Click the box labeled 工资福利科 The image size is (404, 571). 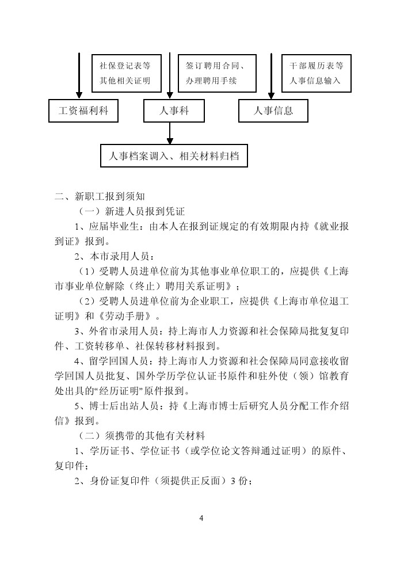pyautogui.click(x=83, y=111)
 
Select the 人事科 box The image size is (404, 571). pyautogui.click(x=174, y=111)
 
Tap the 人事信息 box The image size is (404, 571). pyautogui.click(x=273, y=111)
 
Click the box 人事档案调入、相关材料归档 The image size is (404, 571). pyautogui.click(x=174, y=156)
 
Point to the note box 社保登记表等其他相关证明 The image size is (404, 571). pyautogui.click(x=126, y=73)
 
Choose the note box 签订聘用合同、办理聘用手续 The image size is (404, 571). pyautogui.click(x=217, y=73)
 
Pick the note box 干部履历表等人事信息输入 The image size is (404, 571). pyautogui.click(x=317, y=73)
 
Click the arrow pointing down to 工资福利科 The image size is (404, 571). pyautogui.click(x=79, y=76)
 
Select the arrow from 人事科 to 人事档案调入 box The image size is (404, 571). pyautogui.click(x=170, y=134)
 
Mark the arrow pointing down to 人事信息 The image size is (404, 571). pyautogui.click(x=271, y=76)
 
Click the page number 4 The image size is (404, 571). pyautogui.click(x=201, y=518)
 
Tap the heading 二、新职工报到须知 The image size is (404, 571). pyautogui.click(x=100, y=197)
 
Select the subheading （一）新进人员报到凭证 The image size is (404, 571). pyautogui.click(x=132, y=211)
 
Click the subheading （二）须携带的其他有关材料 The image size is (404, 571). pyautogui.click(x=142, y=436)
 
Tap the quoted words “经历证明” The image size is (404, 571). pyautogui.click(x=119, y=391)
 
